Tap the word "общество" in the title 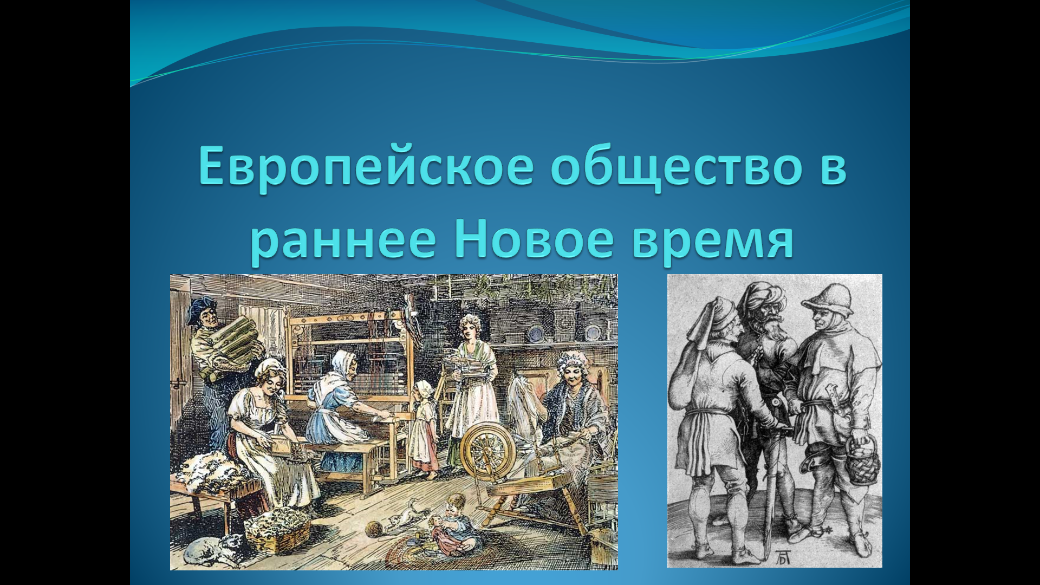677,167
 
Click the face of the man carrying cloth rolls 206,314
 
